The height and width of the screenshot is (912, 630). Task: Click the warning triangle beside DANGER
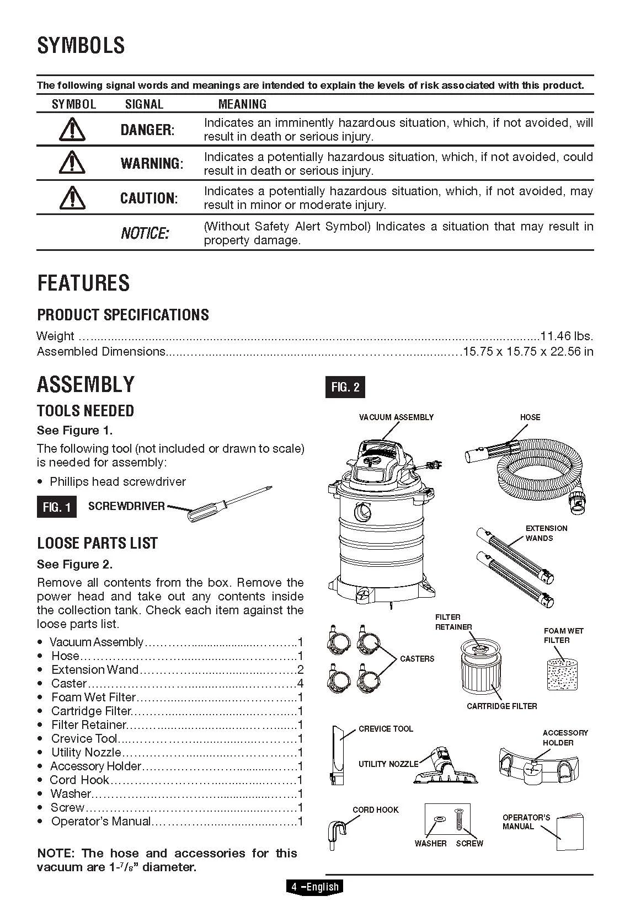click(72, 130)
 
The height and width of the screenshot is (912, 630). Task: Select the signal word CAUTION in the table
click(149, 199)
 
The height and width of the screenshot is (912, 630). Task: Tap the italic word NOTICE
click(145, 233)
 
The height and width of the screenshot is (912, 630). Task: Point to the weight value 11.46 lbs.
click(567, 336)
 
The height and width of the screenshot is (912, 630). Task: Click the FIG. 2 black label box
click(345, 387)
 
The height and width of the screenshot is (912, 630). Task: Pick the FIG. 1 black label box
click(57, 507)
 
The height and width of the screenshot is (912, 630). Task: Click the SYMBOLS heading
click(81, 45)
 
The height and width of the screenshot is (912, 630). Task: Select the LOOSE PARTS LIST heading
click(97, 543)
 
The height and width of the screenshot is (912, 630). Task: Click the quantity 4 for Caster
click(300, 684)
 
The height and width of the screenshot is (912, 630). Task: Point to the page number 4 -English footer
click(314, 887)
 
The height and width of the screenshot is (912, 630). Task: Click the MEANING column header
click(242, 104)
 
